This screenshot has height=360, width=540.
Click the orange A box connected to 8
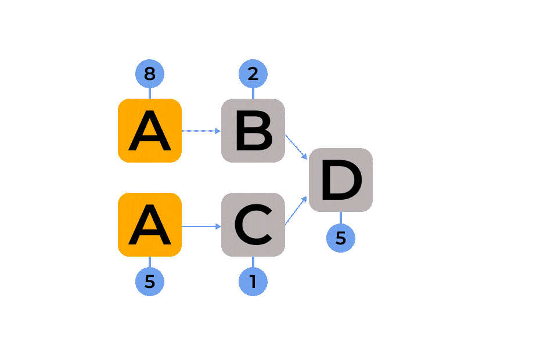click(x=150, y=131)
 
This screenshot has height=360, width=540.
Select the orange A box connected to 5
click(x=150, y=225)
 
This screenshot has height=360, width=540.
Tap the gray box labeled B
click(x=253, y=131)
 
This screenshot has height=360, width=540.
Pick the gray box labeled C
click(x=253, y=225)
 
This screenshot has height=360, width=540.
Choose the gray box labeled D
click(x=341, y=180)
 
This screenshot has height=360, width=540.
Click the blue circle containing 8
click(x=150, y=74)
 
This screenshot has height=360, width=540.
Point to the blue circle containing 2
click(x=253, y=74)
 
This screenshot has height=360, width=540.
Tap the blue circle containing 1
click(x=253, y=282)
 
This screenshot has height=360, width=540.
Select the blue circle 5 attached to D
click(x=341, y=238)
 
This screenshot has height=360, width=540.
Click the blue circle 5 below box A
click(x=150, y=282)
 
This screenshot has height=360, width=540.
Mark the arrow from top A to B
click(x=201, y=131)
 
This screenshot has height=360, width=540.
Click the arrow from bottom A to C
click(x=201, y=225)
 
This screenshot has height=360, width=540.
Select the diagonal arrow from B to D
click(x=296, y=146)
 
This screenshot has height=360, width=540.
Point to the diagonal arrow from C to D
click(x=296, y=210)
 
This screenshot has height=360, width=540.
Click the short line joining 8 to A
click(x=150, y=93)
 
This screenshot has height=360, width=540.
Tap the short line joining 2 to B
click(x=253, y=93)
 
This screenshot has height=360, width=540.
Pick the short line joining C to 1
click(x=253, y=262)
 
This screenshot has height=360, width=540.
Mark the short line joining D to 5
click(x=341, y=218)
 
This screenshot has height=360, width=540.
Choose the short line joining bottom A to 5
click(x=150, y=262)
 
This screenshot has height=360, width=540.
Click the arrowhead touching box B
click(x=218, y=131)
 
